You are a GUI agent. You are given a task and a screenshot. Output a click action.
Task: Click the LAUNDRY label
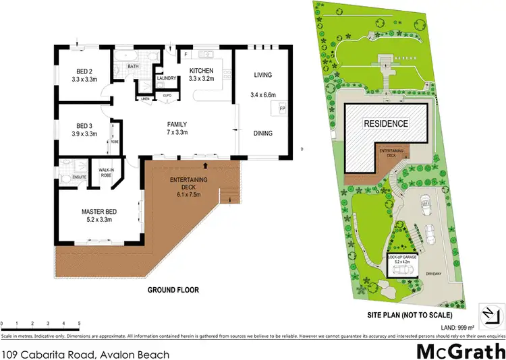pyautogui.click(x=167, y=78)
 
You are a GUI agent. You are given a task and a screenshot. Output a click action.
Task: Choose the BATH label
pyautogui.click(x=134, y=67)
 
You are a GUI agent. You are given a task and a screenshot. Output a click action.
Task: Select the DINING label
pyautogui.click(x=262, y=133)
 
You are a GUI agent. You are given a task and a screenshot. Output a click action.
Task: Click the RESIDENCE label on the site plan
pyautogui.click(x=386, y=123)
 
